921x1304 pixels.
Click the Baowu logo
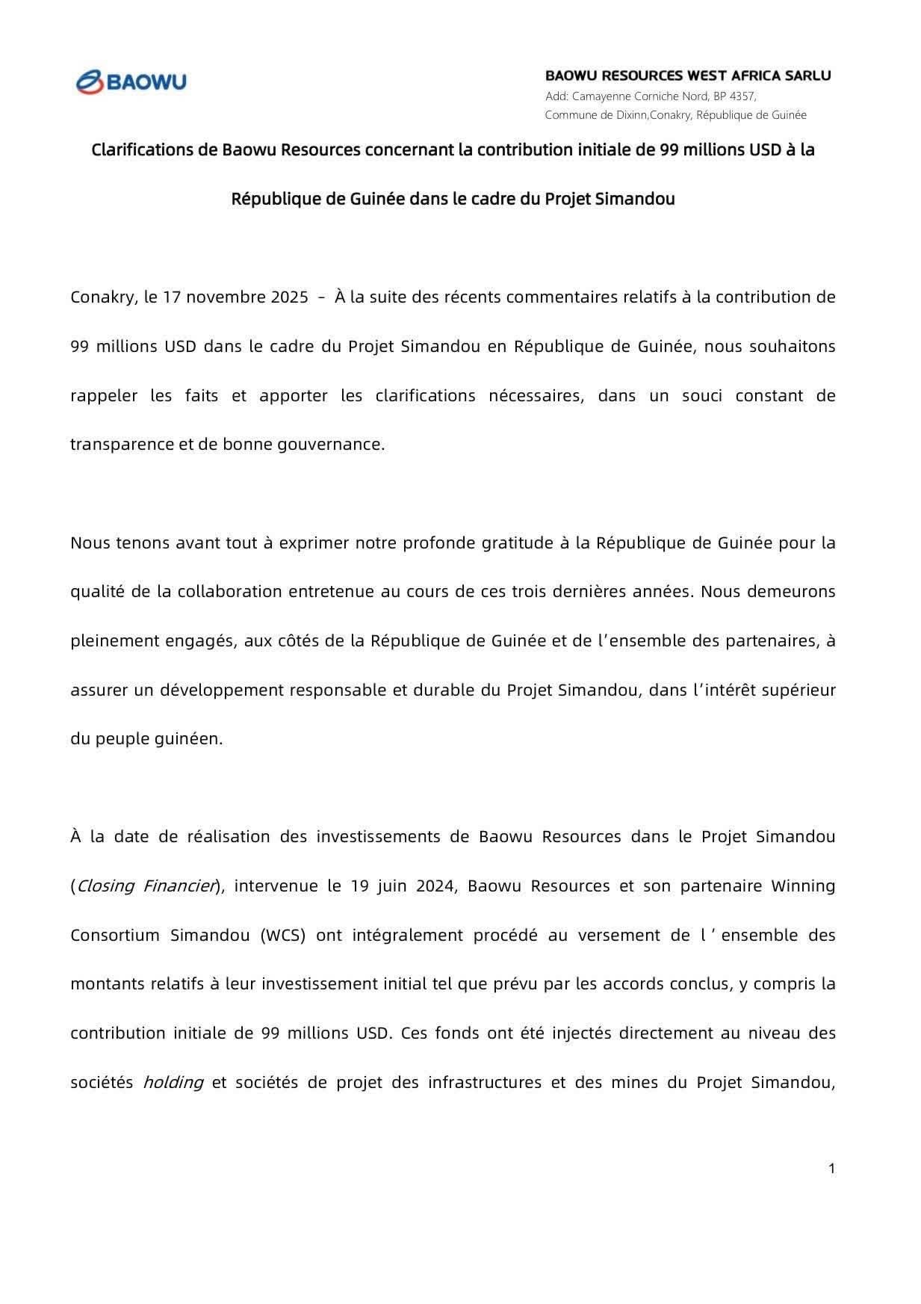click(131, 81)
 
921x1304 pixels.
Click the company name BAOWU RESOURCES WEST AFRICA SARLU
click(687, 75)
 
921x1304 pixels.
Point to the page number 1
click(831, 1168)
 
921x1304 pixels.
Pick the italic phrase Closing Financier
click(146, 886)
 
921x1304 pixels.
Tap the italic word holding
click(173, 1082)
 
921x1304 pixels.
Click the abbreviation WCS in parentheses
click(283, 935)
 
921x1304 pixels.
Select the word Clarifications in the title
click(143, 149)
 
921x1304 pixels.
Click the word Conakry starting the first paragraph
click(102, 297)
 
